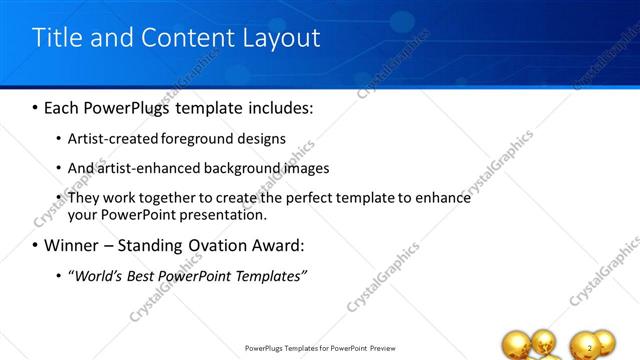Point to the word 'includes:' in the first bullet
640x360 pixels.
click(278, 106)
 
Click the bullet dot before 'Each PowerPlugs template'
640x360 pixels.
click(36, 106)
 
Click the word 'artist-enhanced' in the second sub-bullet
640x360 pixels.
click(143, 168)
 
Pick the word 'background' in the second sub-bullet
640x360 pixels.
click(232, 168)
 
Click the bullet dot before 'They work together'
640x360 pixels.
click(58, 198)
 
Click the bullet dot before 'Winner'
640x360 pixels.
click(36, 245)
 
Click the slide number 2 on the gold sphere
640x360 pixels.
click(591, 347)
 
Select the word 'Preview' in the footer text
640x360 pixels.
click(388, 348)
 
